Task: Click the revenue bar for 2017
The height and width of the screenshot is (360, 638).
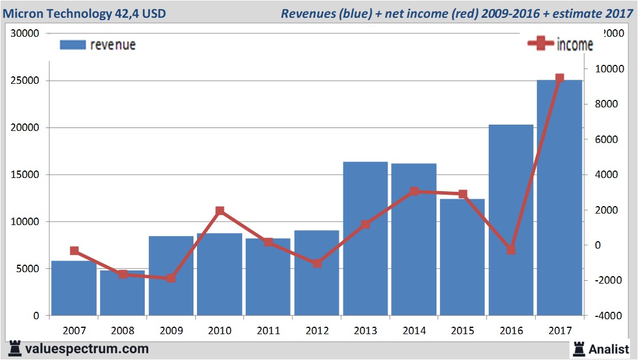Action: click(559, 198)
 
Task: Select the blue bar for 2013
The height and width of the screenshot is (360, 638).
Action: click(365, 238)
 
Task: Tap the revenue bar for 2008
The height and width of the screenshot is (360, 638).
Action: click(122, 293)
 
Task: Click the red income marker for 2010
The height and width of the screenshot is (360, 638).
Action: click(220, 211)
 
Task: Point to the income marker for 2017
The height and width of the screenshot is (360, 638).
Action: click(559, 78)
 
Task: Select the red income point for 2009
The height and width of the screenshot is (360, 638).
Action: click(171, 278)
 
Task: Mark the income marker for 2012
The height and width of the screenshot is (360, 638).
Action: click(317, 264)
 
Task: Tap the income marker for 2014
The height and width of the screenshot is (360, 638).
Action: click(414, 191)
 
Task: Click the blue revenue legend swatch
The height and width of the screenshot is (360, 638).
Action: click(72, 45)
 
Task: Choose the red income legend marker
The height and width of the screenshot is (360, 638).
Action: click(541, 44)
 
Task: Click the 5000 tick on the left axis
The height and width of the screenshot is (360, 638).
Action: click(28, 269)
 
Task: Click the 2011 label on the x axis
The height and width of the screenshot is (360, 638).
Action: click(268, 331)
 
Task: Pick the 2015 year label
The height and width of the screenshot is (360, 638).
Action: click(462, 331)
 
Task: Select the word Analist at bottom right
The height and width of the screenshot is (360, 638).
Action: click(609, 349)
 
